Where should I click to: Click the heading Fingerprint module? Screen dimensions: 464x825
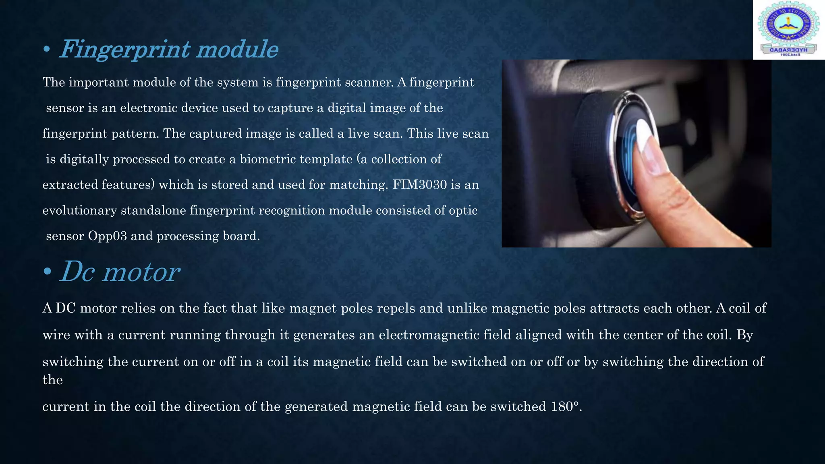pyautogui.click(x=169, y=50)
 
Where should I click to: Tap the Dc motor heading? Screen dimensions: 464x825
pyautogui.click(x=120, y=272)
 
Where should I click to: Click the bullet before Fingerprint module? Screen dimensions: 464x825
pyautogui.click(x=47, y=50)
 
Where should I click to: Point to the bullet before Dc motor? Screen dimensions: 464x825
pyautogui.click(x=47, y=272)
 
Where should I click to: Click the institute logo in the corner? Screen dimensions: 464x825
pyautogui.click(x=788, y=30)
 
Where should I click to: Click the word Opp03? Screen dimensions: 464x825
pyautogui.click(x=107, y=236)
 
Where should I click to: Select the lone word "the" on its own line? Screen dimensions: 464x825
pyautogui.click(x=52, y=380)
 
